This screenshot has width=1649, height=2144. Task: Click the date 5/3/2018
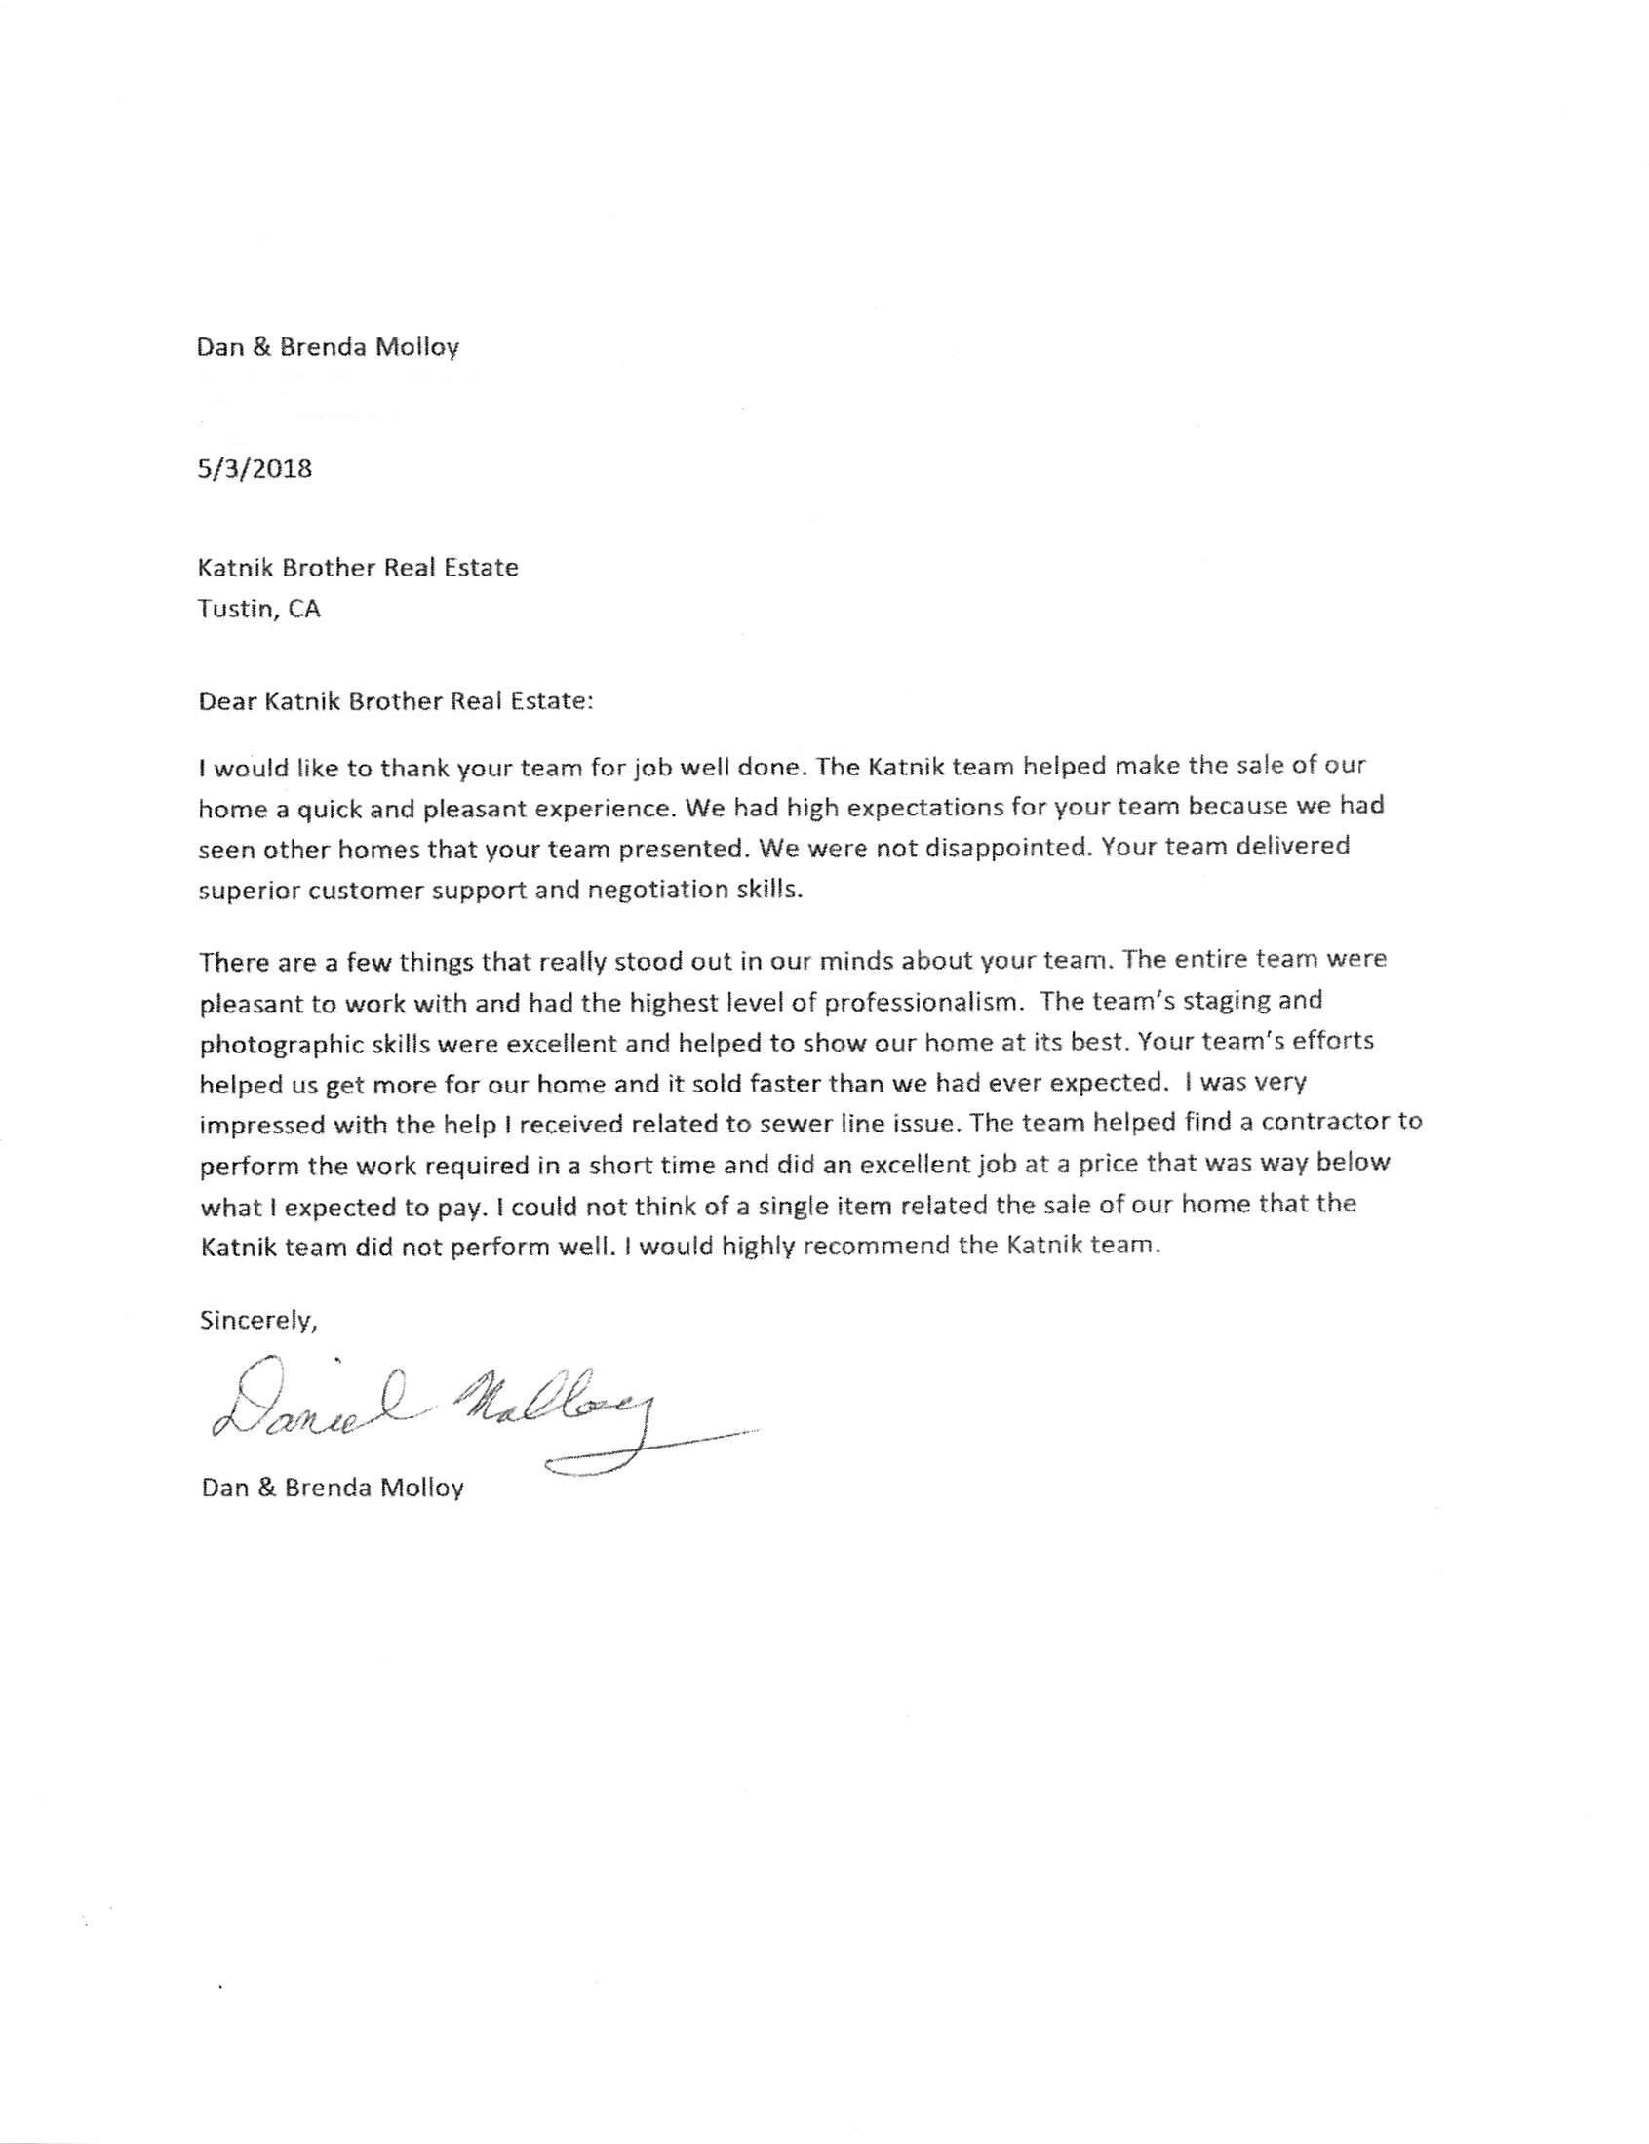click(x=255, y=468)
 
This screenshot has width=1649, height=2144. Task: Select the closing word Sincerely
click(x=258, y=1321)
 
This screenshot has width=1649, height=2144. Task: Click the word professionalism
click(x=923, y=1002)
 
